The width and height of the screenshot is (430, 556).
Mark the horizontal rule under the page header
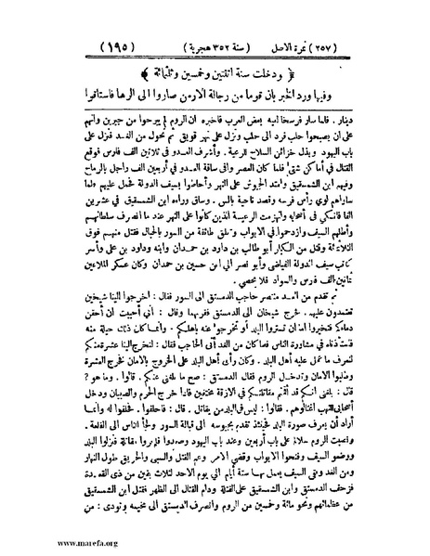[215, 58]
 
